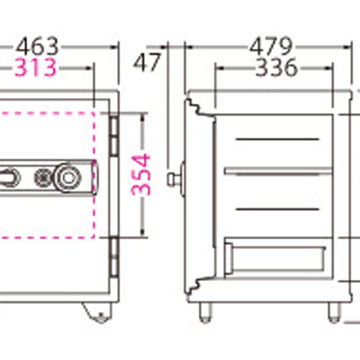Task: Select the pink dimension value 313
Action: [x=36, y=68]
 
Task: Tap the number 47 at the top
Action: [x=147, y=63]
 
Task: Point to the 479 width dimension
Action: [x=271, y=47]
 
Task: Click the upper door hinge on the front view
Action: [x=114, y=134]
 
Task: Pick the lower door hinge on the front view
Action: [x=114, y=256]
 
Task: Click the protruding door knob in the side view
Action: [x=173, y=179]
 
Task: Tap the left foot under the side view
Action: [x=205, y=312]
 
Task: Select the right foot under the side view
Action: [x=333, y=312]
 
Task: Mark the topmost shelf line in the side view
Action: [x=277, y=139]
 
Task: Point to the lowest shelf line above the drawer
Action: [x=277, y=209]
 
